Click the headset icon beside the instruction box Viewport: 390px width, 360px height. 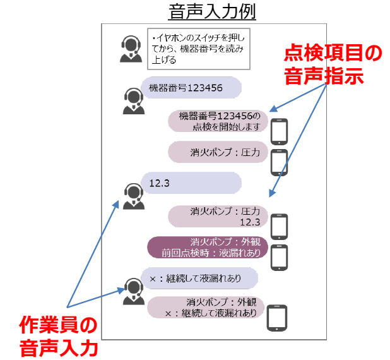[131, 49]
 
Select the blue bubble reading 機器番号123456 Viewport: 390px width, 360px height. [190, 88]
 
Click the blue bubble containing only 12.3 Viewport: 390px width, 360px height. [190, 183]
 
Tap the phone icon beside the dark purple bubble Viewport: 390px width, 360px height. [279, 256]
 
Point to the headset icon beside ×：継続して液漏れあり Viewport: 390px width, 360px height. [133, 290]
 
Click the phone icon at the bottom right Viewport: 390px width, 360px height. [278, 318]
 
